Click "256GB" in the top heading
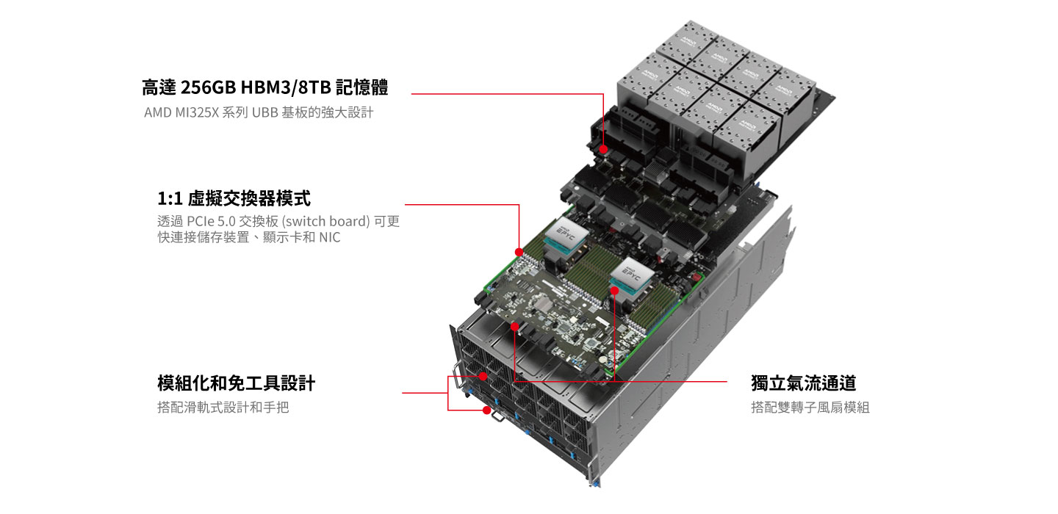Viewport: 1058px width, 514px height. point(209,88)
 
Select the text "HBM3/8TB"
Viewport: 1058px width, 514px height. point(286,88)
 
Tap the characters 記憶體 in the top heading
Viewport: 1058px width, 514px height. point(362,88)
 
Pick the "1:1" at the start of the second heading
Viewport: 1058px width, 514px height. point(170,199)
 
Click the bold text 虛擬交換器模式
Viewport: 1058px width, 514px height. point(249,199)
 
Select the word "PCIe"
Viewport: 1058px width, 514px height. point(201,221)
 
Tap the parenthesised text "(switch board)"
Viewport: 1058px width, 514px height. point(326,221)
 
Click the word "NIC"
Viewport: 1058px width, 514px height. point(329,237)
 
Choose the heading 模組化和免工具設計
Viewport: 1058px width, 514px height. point(236,383)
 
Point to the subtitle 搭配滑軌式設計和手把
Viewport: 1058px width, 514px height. point(223,408)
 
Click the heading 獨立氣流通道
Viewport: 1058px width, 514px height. point(804,383)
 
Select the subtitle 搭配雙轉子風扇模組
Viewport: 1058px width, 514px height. point(810,408)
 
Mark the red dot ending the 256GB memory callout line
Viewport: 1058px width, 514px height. point(603,149)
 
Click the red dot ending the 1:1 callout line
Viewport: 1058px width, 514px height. point(519,253)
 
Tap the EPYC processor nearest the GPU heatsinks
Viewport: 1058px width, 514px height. point(566,234)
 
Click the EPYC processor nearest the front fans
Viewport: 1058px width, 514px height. point(632,275)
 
